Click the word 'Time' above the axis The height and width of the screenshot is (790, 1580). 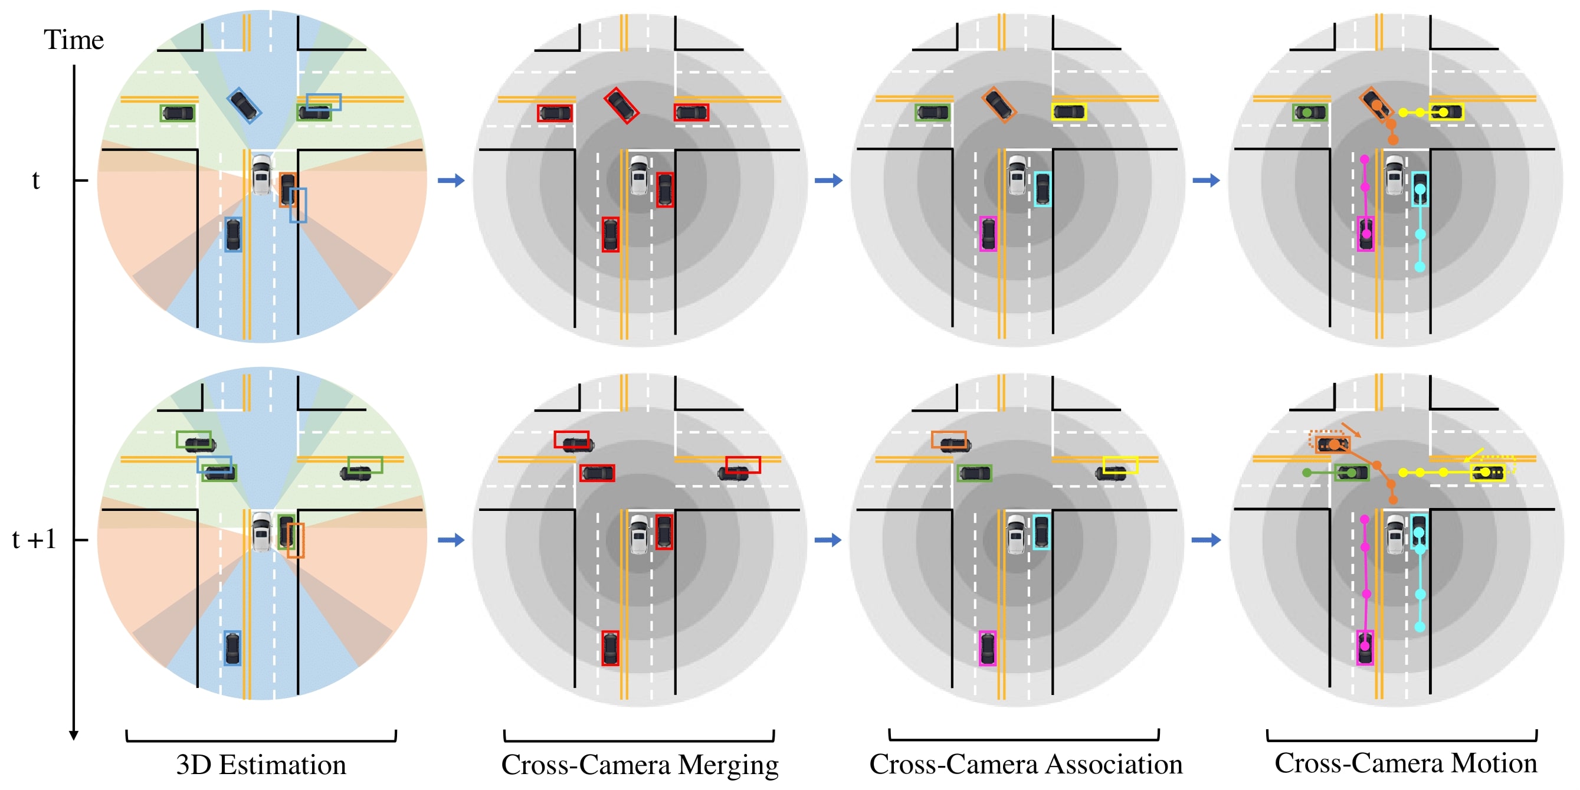pyautogui.click(x=74, y=40)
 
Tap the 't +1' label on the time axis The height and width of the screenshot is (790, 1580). pyautogui.click(x=34, y=540)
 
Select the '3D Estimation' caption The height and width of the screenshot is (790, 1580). pyautogui.click(x=261, y=765)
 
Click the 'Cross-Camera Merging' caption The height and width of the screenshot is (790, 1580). pyautogui.click(x=640, y=765)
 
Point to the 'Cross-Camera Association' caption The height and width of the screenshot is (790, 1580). pyautogui.click(x=1025, y=764)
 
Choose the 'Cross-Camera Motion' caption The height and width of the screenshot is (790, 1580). pyautogui.click(x=1406, y=763)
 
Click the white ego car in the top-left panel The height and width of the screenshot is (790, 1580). pyautogui.click(x=262, y=175)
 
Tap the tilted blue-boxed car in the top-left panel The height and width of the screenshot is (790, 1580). pyautogui.click(x=244, y=105)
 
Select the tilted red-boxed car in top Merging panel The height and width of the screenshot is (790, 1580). pyautogui.click(x=621, y=105)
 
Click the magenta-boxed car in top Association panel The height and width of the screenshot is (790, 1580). pyautogui.click(x=988, y=234)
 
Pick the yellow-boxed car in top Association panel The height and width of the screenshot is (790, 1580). pyautogui.click(x=1069, y=112)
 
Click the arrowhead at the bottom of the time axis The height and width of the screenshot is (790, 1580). pyautogui.click(x=74, y=735)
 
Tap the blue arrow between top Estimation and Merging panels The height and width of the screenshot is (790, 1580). pyautogui.click(x=451, y=181)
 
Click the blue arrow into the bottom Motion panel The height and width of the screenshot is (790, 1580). pyautogui.click(x=1207, y=540)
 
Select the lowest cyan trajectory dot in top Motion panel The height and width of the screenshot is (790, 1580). pyautogui.click(x=1420, y=267)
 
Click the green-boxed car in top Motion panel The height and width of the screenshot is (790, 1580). pyautogui.click(x=1310, y=112)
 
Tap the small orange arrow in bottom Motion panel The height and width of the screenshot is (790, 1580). pyautogui.click(x=1351, y=430)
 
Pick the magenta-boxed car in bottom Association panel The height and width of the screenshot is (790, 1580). pyautogui.click(x=988, y=648)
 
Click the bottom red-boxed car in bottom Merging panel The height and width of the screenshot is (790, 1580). pyautogui.click(x=610, y=648)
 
